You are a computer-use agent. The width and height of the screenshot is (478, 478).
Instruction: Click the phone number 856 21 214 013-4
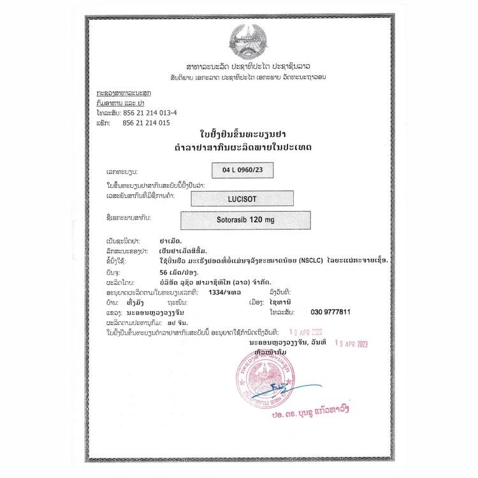[x=149, y=112]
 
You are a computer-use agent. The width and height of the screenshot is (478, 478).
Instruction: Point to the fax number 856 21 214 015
[x=146, y=122]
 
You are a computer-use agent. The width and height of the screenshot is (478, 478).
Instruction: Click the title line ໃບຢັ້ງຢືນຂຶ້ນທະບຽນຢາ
[x=239, y=136]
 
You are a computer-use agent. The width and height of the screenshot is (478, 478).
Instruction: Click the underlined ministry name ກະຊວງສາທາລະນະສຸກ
[x=115, y=93]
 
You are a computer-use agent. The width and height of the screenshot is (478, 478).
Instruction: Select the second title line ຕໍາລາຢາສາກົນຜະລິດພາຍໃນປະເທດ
[x=239, y=148]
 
